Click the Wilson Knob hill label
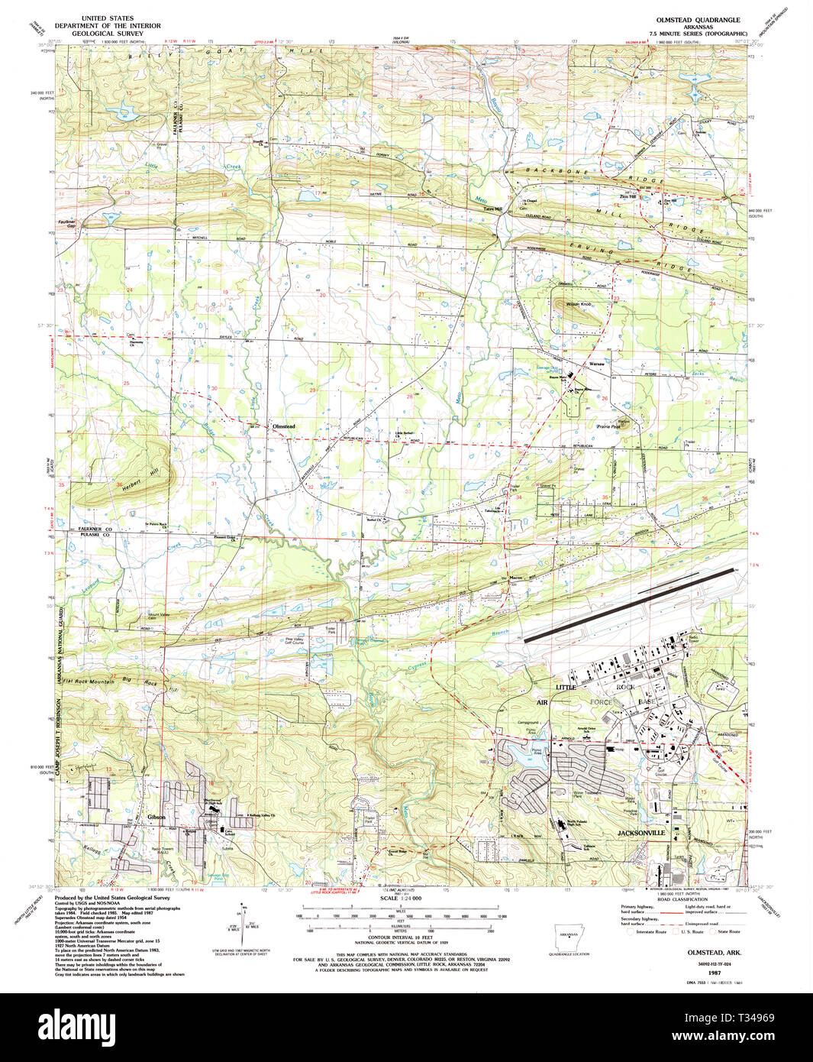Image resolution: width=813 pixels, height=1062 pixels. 579,304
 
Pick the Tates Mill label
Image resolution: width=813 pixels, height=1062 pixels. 492,209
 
